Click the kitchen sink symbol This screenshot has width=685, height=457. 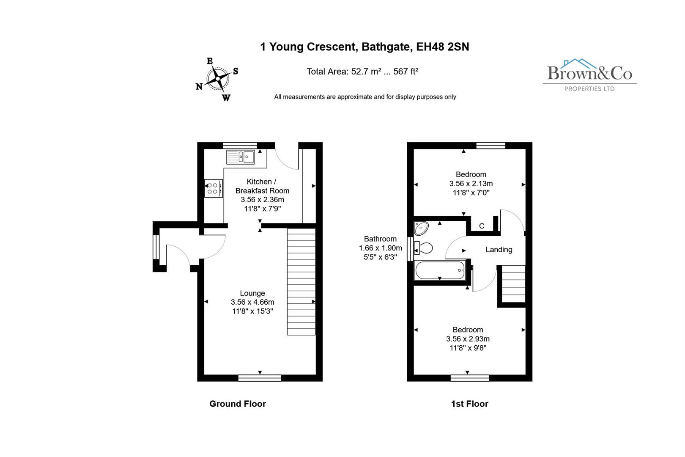[240, 157]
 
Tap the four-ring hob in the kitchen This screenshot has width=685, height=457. [213, 188]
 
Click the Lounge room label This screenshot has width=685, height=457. [252, 293]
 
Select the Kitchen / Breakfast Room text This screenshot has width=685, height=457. [262, 186]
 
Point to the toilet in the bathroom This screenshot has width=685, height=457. [424, 248]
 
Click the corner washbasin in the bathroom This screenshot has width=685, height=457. [421, 228]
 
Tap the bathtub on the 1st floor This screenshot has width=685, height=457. [440, 270]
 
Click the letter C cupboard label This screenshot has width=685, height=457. [482, 226]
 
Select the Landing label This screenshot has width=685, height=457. [499, 250]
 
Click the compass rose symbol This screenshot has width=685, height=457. [218, 79]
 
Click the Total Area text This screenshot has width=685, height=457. [362, 72]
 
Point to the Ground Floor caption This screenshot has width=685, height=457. [238, 404]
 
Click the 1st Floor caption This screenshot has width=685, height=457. [469, 404]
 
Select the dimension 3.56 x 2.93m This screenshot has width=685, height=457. [468, 339]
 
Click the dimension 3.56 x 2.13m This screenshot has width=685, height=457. [471, 184]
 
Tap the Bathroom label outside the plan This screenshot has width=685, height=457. [380, 239]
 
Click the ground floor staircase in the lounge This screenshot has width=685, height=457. [301, 281]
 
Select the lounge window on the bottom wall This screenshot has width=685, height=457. [260, 378]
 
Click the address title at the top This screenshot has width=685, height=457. [364, 47]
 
